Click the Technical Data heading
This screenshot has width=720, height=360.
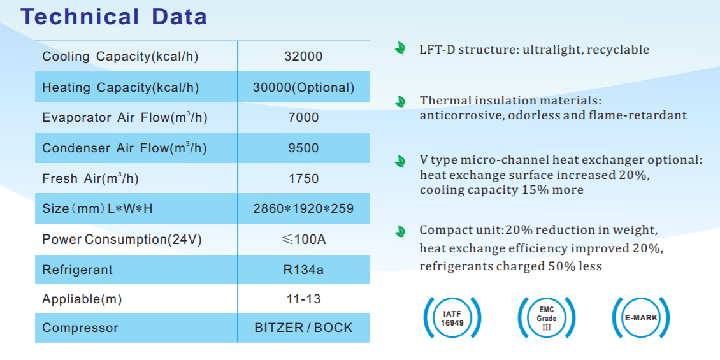coord(114,17)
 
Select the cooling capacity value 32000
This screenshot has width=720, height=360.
coord(303,56)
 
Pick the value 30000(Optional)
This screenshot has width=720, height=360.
coord(303,87)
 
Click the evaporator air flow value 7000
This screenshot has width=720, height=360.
coord(303,118)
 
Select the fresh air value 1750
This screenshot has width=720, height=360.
coord(303,178)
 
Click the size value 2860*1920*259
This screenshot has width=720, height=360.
coord(303,208)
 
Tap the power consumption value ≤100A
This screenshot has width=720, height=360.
coord(303,239)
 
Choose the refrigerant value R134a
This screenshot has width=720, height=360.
coord(303,270)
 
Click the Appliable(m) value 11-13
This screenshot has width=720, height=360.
coord(303,299)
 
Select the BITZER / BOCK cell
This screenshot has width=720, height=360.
coord(303,328)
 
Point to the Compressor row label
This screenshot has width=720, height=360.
coord(80,328)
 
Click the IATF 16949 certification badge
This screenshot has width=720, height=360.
coord(452,318)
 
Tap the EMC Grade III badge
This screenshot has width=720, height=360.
coord(546,318)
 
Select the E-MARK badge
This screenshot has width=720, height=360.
coord(641,318)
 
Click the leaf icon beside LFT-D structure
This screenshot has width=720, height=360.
coord(400,49)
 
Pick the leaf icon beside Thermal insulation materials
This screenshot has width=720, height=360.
coord(400,102)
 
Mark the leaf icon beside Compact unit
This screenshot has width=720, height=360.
coord(400,231)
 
